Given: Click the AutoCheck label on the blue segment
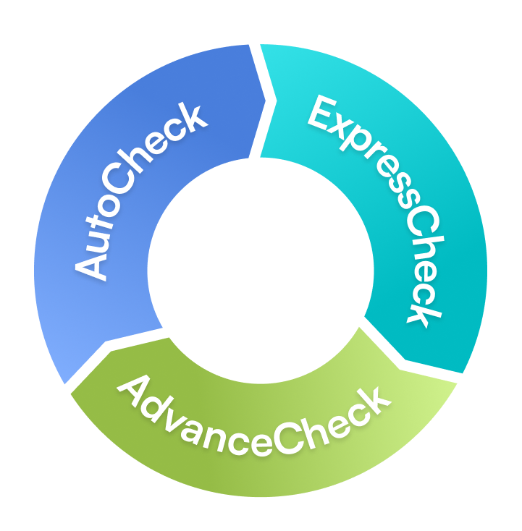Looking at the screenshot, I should [140, 191].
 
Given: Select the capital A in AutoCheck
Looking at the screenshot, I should [90, 265].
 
